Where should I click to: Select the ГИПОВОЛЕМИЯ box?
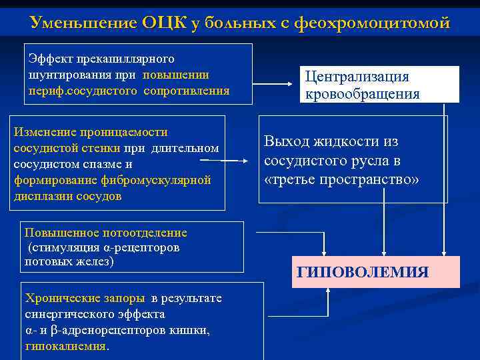click(376, 272)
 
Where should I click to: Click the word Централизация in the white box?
click(357, 77)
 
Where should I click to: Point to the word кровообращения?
click(363, 93)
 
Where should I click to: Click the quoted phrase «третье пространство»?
click(342, 180)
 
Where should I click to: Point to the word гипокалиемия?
click(67, 346)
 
